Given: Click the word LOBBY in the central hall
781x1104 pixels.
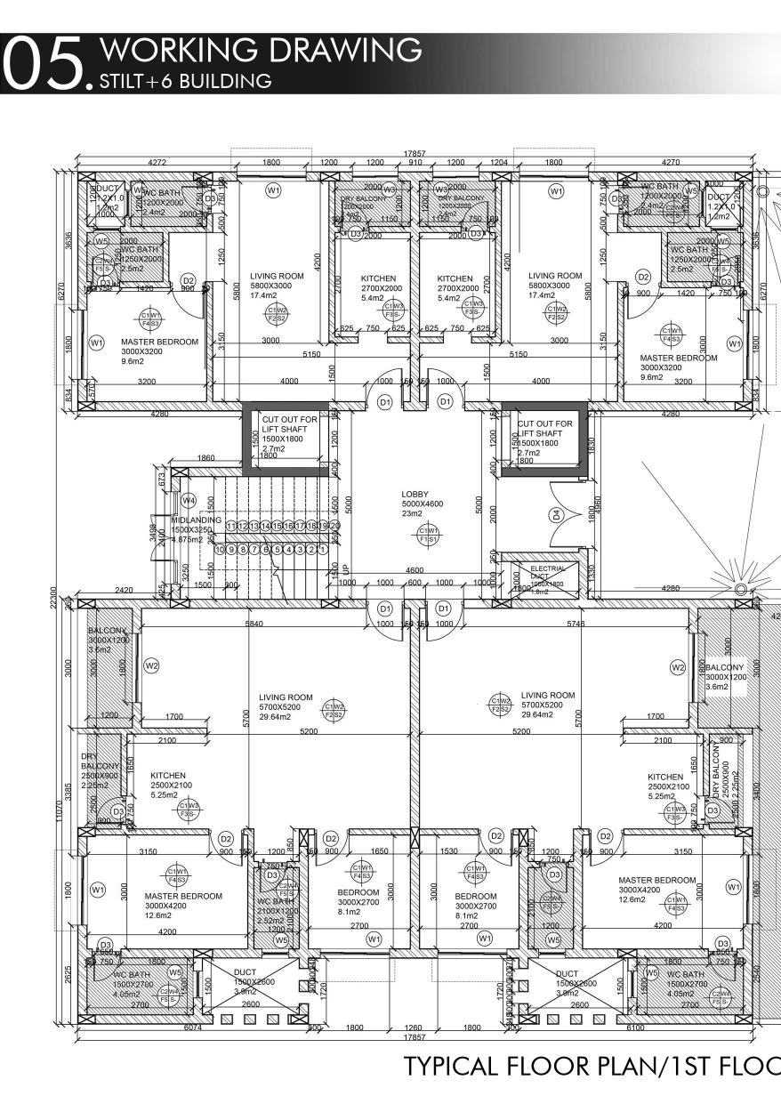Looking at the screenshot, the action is point(415,495).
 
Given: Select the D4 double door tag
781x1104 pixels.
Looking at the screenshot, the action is point(557,514).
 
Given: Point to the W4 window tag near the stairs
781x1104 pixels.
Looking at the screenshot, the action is point(188,501).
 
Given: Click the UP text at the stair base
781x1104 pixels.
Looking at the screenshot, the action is point(346,568).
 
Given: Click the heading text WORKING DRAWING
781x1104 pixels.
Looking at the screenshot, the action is point(262,51).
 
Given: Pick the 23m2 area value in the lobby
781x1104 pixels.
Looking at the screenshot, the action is point(413,513).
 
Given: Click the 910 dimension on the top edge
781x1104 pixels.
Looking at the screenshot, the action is point(415,163).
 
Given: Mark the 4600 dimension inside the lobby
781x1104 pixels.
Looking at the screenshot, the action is point(415,570).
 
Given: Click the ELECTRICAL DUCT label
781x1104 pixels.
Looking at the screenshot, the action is point(547,570).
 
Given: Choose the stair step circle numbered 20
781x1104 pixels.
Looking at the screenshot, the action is point(335,527).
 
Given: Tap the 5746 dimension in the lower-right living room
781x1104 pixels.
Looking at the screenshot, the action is point(576,625).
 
